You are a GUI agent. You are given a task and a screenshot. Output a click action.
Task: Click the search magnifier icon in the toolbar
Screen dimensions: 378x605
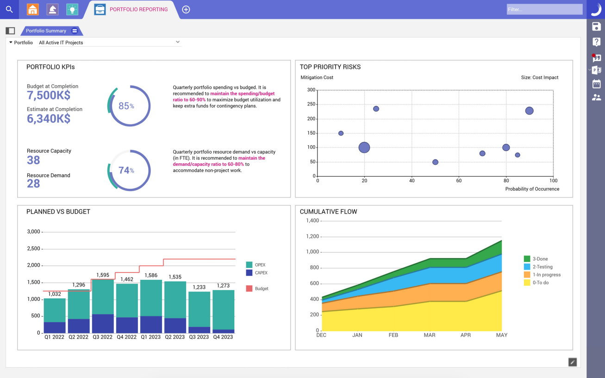[9, 9]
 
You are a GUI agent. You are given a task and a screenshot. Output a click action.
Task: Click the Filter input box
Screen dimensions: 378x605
[544, 9]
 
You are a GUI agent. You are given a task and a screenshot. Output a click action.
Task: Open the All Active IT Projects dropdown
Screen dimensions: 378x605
[110, 43]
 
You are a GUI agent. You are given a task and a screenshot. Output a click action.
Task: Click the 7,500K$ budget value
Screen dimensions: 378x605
[49, 95]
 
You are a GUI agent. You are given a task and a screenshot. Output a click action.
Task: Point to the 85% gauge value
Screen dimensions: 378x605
[126, 106]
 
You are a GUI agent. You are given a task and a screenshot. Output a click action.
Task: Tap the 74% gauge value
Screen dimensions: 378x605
[126, 170]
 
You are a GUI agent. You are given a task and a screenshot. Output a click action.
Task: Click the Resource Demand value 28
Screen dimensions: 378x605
[33, 184]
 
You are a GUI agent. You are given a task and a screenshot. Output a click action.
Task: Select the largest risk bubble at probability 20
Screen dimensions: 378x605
[364, 148]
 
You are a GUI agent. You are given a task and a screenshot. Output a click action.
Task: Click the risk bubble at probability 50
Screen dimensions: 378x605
[435, 162]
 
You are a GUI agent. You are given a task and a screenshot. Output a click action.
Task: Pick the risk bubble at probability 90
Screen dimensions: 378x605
[529, 111]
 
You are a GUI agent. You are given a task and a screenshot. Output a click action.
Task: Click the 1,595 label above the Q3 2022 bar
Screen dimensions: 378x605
[103, 275]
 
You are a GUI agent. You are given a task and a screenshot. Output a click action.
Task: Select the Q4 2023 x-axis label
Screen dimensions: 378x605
[223, 337]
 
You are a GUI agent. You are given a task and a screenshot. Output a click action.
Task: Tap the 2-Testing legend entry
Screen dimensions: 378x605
[542, 267]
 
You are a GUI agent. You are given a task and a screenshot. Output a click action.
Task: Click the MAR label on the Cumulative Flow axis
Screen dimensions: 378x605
[430, 335]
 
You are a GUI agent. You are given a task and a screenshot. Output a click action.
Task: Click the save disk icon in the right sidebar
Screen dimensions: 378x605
[596, 27]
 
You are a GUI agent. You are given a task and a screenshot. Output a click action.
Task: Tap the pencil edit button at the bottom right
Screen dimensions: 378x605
[573, 362]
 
